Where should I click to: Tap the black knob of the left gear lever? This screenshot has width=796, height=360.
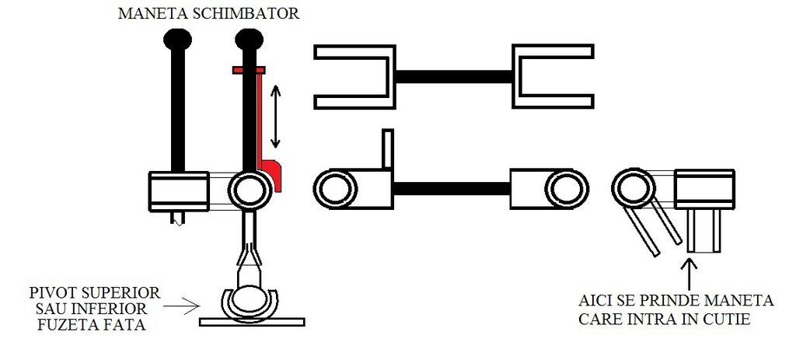(178, 39)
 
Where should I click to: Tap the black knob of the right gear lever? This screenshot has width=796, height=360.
(250, 39)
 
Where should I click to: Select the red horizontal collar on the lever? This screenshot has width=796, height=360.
(249, 70)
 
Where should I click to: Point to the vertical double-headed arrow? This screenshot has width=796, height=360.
(275, 117)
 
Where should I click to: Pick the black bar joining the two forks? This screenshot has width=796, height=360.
(454, 76)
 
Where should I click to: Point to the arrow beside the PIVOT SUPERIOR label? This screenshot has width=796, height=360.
(181, 306)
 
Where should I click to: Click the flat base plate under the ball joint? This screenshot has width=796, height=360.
(252, 322)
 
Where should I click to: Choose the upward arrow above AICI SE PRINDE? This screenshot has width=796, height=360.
(690, 274)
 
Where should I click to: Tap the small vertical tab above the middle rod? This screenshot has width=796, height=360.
(388, 149)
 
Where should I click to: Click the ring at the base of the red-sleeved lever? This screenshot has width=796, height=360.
(249, 190)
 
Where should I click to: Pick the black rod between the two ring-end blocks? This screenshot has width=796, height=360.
(452, 189)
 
